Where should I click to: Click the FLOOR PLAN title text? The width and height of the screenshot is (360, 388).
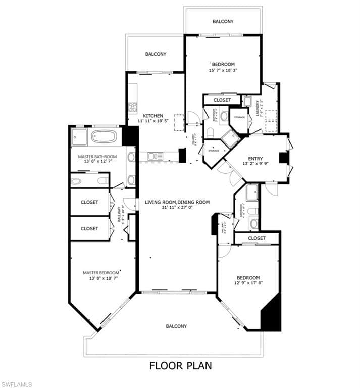180,365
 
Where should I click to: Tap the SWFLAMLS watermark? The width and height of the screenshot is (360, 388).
18,384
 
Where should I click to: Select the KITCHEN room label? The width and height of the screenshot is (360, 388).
152,115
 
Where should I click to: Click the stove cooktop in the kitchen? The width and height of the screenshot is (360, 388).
133,107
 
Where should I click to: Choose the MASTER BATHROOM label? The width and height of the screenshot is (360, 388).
97,157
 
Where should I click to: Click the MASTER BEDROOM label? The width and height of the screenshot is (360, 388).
102,273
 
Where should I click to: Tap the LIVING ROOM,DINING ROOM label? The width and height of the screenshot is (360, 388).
177,202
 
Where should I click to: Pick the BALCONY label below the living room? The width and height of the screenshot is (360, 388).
176,326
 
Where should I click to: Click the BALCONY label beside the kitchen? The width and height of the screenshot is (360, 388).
156,54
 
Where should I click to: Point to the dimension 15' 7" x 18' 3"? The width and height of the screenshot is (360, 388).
223,70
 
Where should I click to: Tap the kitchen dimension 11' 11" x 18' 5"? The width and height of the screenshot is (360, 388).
152,121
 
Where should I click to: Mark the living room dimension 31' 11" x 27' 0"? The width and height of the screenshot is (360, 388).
177,208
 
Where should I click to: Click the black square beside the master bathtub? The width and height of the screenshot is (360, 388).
130,136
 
